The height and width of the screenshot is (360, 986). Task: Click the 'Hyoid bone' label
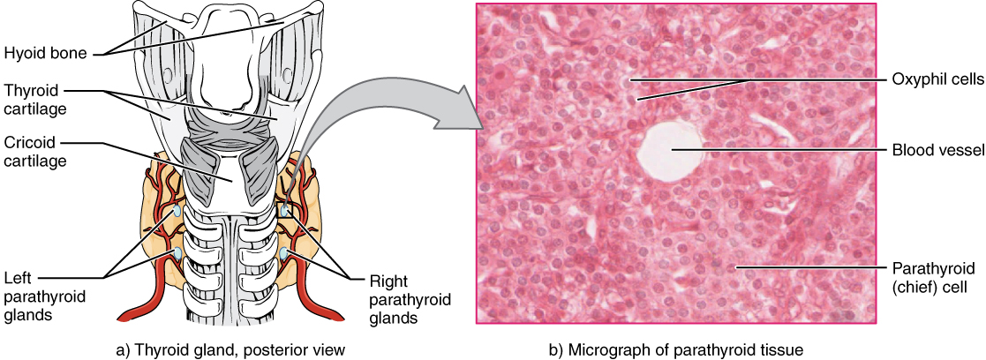[44, 53]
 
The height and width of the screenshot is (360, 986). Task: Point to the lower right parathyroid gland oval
[286, 255]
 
